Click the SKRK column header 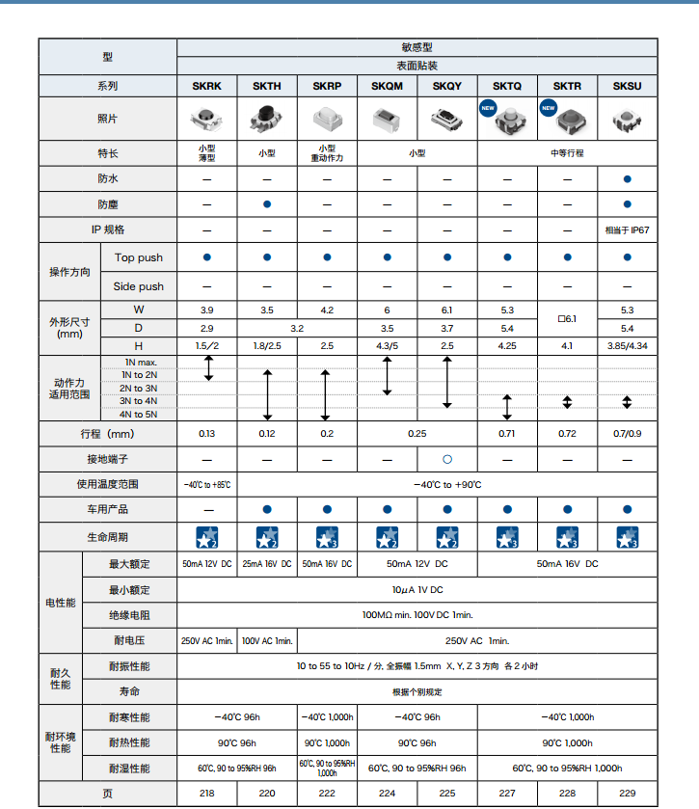coord(207,86)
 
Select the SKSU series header coord(627,86)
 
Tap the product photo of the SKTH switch coord(266,120)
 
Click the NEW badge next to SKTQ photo coord(488,108)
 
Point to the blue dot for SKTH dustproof coord(267,204)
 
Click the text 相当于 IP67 coord(627,230)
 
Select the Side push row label coord(138,286)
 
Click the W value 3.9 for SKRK coord(207,310)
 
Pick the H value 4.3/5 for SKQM coord(387,345)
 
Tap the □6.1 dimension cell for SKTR coord(567,318)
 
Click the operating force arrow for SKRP coord(327,394)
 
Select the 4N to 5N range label coord(138,415)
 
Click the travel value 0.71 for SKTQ coord(507,434)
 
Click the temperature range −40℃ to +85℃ coord(207,484)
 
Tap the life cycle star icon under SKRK coord(207,536)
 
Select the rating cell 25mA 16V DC coord(267,563)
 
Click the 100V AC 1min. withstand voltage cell coord(267,640)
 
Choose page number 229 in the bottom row coord(627,793)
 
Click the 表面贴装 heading coord(417,66)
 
